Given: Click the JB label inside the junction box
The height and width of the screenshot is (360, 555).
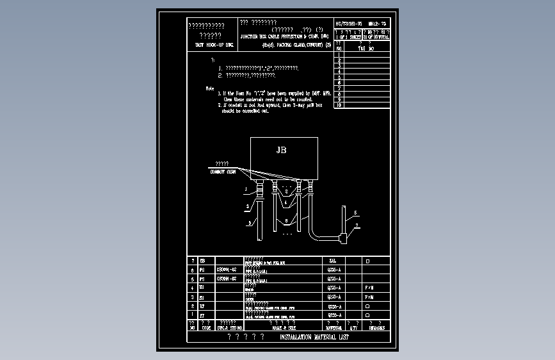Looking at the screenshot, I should pyautogui.click(x=281, y=151).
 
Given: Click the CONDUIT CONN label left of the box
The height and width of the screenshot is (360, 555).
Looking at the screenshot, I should pyautogui.click(x=223, y=172).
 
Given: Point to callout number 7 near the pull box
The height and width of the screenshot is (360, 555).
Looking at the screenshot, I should pyautogui.click(x=357, y=225).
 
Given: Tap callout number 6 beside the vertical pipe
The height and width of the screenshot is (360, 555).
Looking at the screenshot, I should pyautogui.click(x=355, y=212).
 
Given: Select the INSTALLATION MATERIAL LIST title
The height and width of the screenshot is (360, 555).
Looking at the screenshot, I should pyautogui.click(x=314, y=337).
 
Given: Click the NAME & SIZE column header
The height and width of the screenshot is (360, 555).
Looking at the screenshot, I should pyautogui.click(x=284, y=327).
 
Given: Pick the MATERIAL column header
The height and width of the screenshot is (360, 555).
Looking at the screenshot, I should pyautogui.click(x=335, y=327).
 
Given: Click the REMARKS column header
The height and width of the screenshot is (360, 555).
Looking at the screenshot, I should pyautogui.click(x=376, y=327).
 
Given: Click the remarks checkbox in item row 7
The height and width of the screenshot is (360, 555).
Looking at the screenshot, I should pyautogui.click(x=367, y=261).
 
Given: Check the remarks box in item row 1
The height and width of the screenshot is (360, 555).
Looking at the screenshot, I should pyautogui.click(x=367, y=315).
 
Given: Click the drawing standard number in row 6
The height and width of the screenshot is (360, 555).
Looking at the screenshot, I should pyautogui.click(x=227, y=270).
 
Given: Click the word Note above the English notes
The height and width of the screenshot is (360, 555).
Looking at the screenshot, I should pyautogui.click(x=210, y=88).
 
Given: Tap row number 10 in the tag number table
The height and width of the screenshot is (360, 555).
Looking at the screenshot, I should pyautogui.click(x=339, y=105).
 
